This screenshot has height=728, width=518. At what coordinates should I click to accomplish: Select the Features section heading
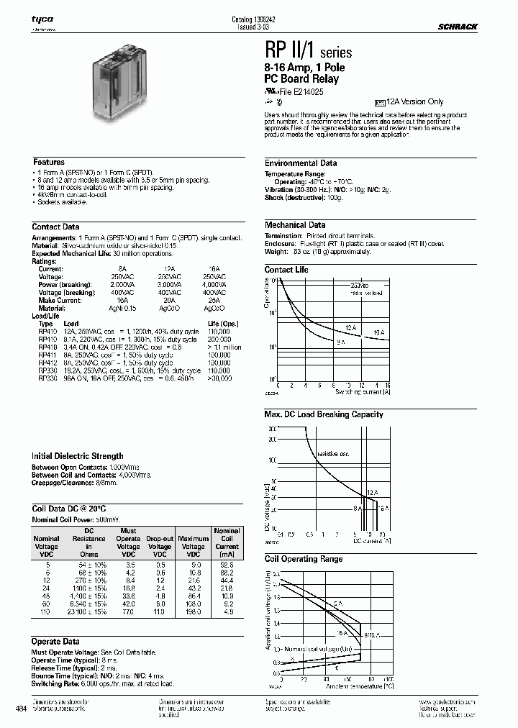click(49, 163)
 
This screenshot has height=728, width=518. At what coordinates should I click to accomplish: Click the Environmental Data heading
click(300, 163)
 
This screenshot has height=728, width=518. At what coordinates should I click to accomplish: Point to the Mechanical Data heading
click(295, 225)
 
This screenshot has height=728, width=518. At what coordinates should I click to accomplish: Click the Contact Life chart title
click(286, 270)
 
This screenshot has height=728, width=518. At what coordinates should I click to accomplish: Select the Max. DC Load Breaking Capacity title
click(324, 414)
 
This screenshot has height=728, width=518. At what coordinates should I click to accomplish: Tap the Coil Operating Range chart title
click(304, 559)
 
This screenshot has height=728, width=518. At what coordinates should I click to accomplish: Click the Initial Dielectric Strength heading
click(78, 456)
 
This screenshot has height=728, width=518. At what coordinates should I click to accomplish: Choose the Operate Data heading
click(56, 642)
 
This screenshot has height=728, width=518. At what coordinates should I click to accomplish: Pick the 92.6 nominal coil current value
click(228, 565)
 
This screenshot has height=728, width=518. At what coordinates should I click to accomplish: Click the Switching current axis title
click(363, 392)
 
